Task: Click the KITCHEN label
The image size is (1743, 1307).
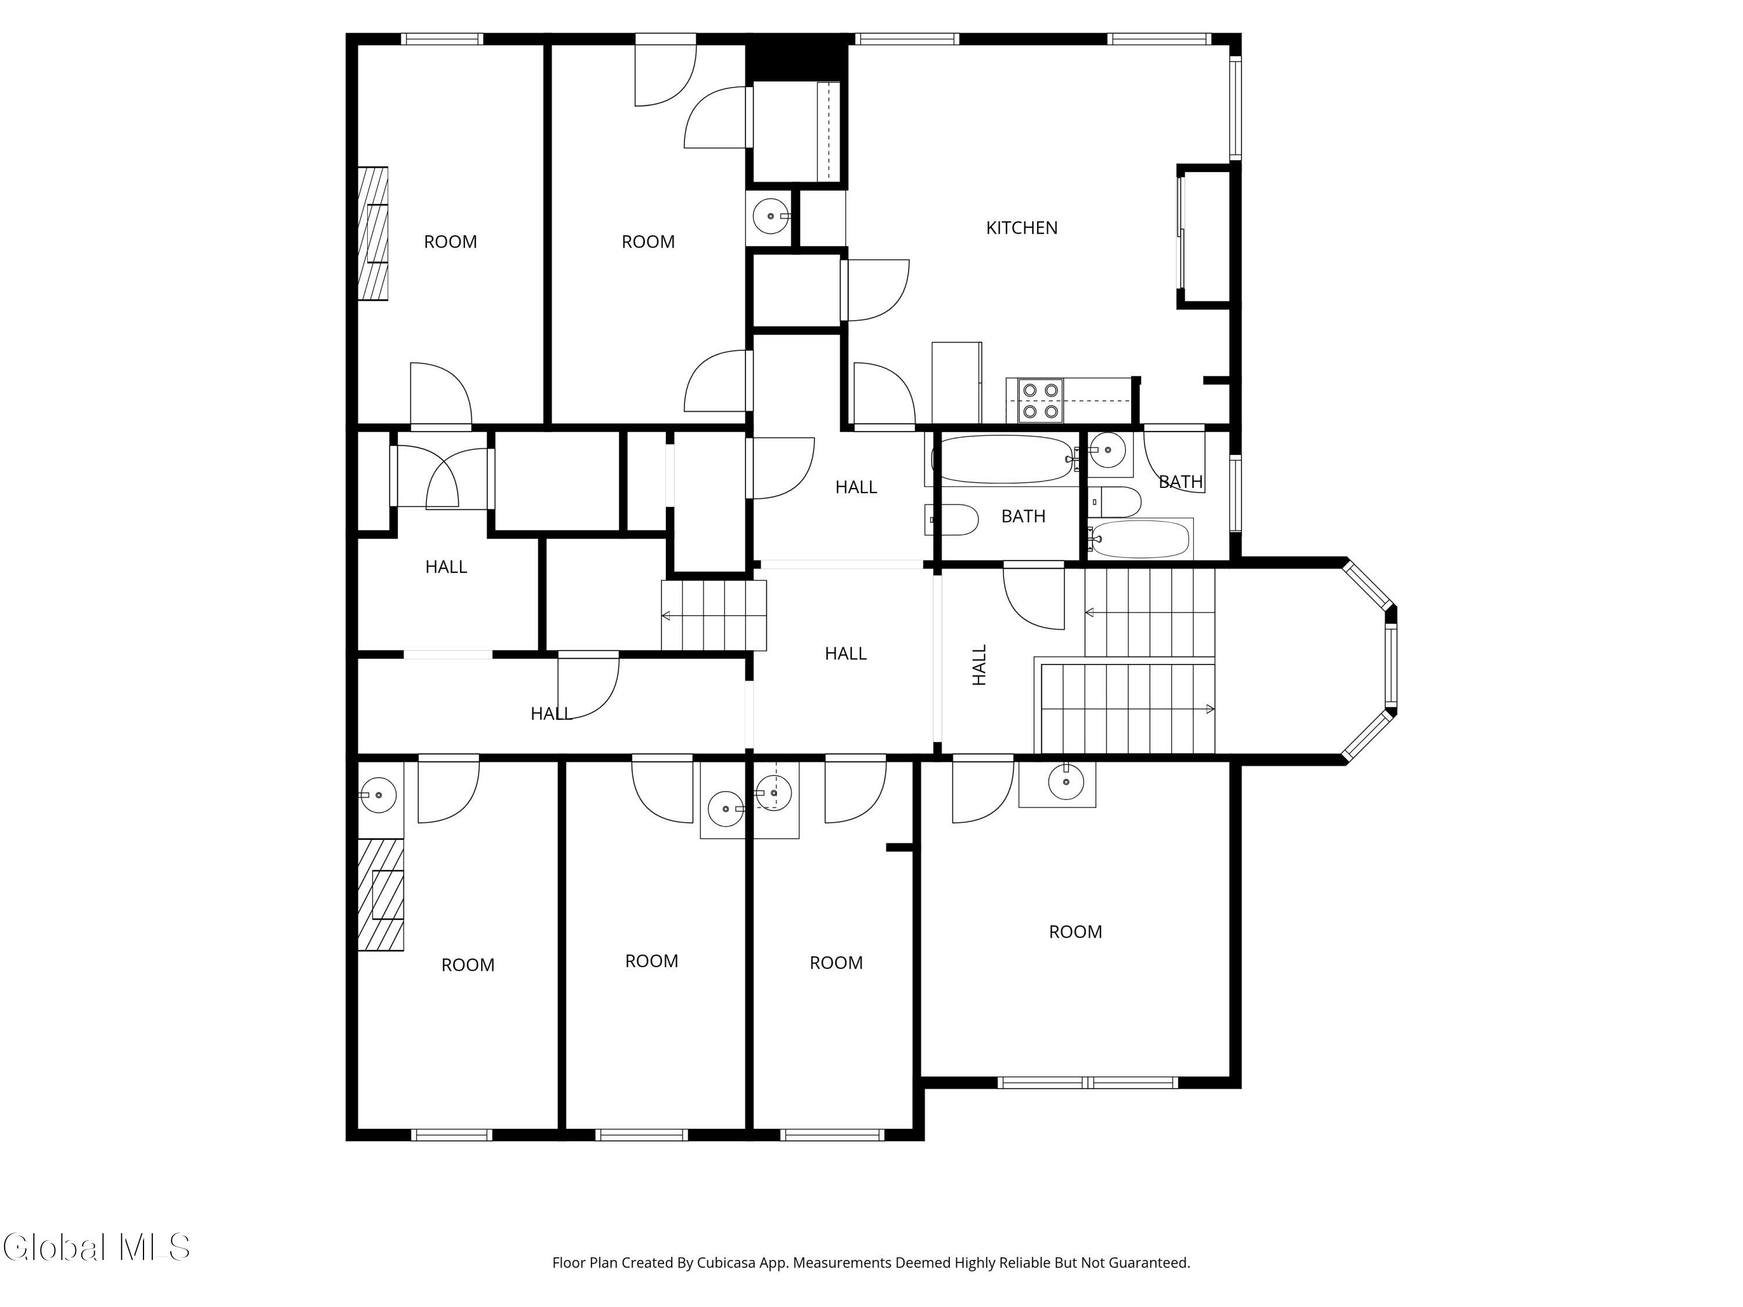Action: click(1021, 228)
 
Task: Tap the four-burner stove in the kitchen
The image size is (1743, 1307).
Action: click(1040, 400)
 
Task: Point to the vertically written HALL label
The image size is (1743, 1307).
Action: click(980, 665)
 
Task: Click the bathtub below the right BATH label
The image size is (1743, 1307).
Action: click(1140, 539)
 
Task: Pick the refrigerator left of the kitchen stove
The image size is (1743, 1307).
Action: click(956, 383)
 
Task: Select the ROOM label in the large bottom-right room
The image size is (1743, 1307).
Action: click(1075, 932)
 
